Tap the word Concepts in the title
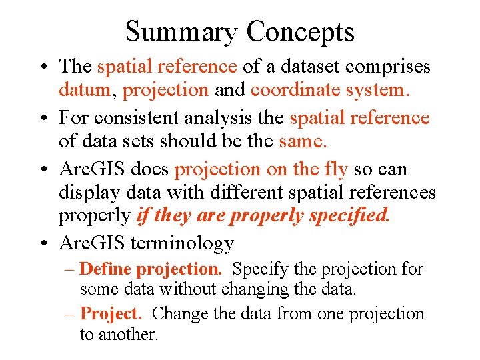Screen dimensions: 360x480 [300, 32]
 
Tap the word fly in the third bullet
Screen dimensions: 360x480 [335, 170]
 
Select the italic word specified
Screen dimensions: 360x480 [348, 215]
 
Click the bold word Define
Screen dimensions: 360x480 [105, 269]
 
